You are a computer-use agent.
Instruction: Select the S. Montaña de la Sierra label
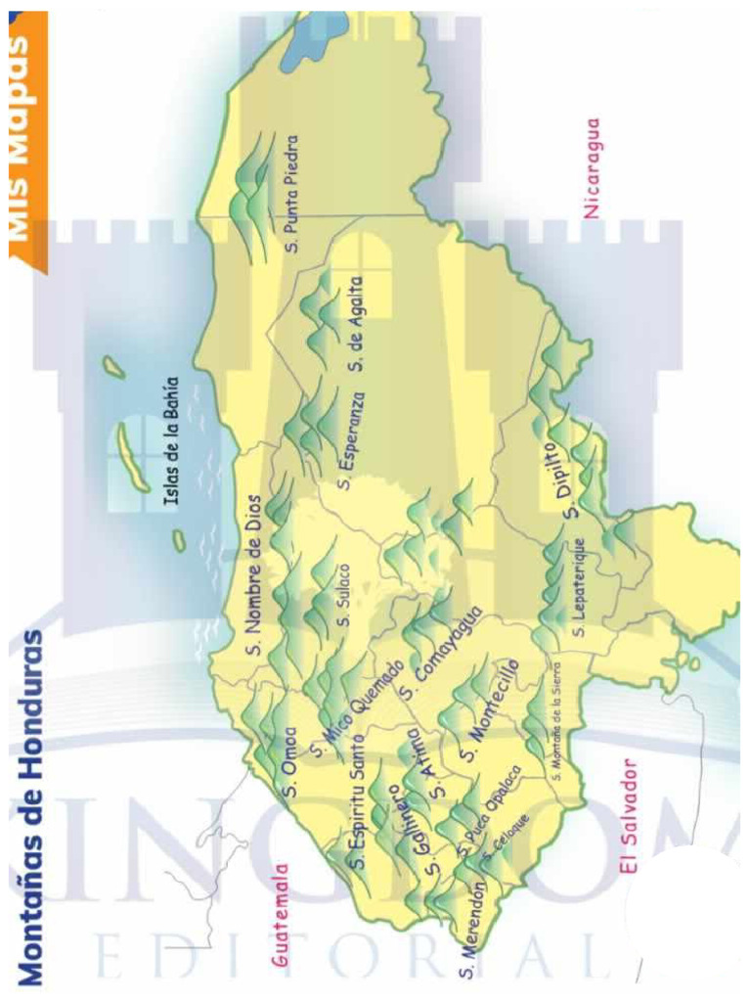coord(555,730)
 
